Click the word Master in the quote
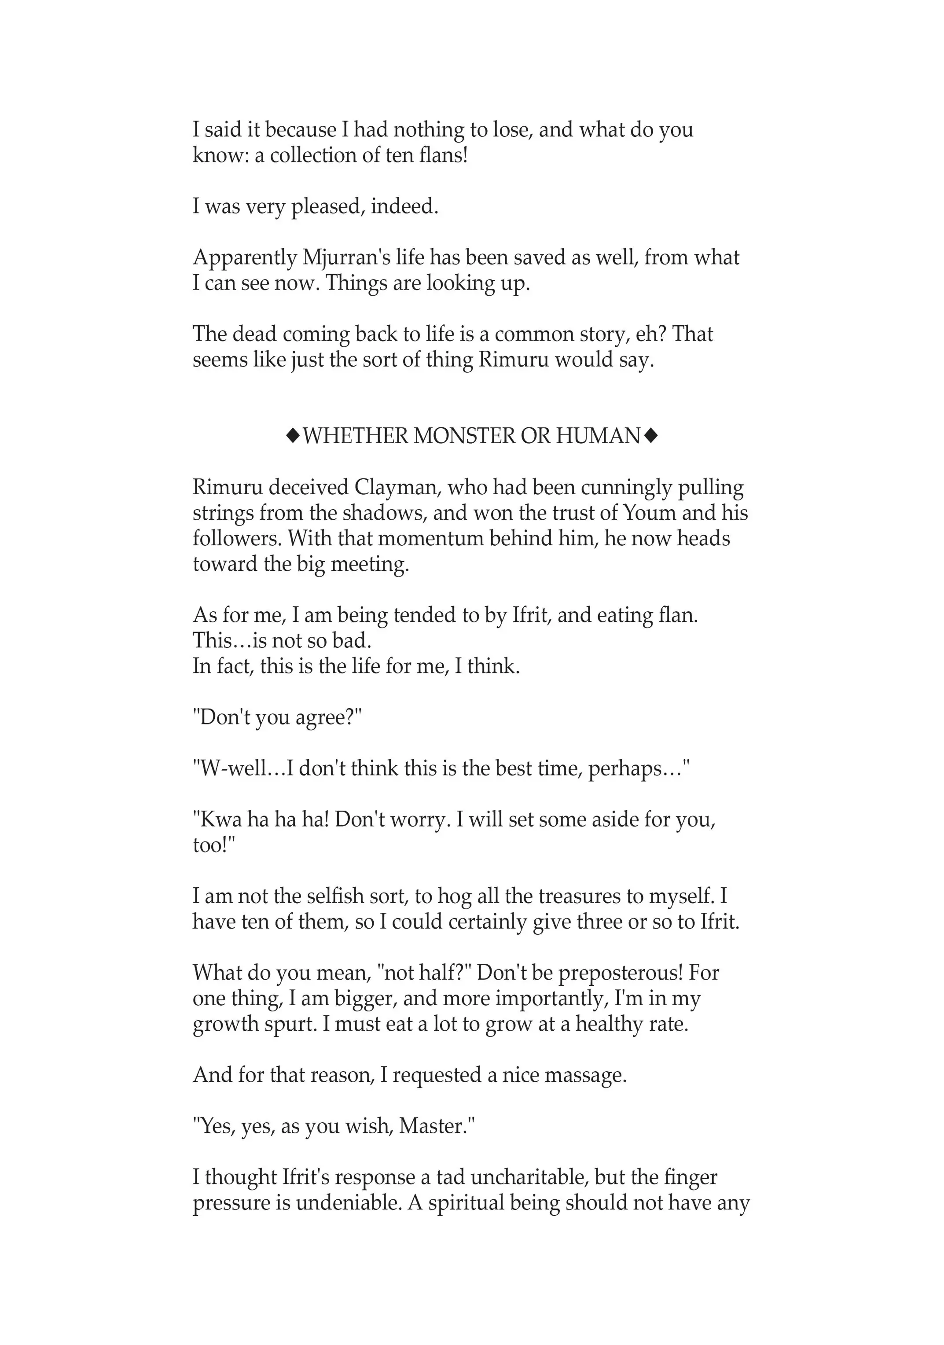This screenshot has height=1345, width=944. tap(433, 1126)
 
